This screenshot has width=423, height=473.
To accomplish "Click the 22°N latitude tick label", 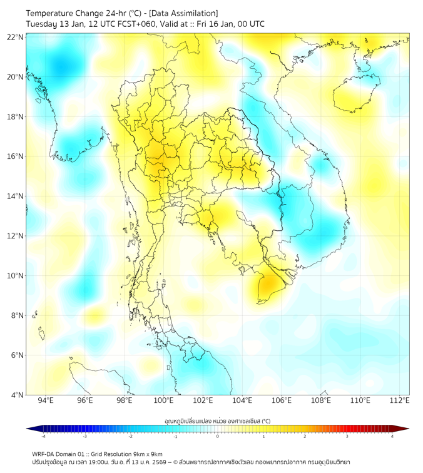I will point(15,37).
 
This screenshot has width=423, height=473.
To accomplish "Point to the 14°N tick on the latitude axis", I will point(15,196).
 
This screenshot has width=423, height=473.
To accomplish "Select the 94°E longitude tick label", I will point(46,400).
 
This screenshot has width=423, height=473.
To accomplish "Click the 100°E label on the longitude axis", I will point(163,400).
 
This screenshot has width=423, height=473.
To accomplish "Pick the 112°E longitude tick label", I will point(399,400).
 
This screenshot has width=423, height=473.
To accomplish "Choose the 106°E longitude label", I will point(282,400).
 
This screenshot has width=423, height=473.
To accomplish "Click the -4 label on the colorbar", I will point(43,436).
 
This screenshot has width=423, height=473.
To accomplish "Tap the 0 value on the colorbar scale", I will point(218,436).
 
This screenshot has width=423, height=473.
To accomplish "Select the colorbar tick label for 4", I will point(392,436).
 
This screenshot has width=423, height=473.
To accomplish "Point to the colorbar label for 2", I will point(305,436).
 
